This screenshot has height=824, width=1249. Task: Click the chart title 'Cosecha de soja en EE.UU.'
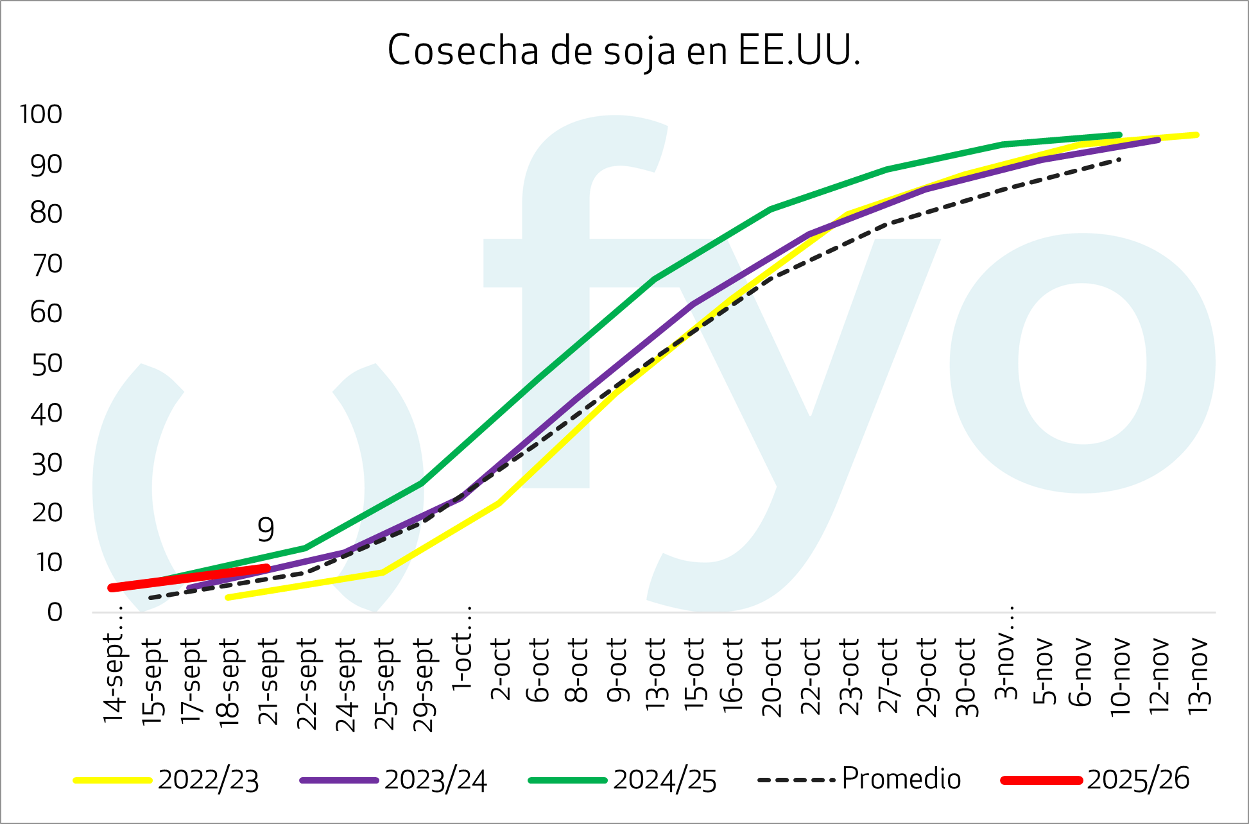pyautogui.click(x=623, y=51)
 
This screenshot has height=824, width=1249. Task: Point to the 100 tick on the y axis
pyautogui.click(x=41, y=114)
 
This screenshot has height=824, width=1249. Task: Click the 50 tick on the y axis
pyautogui.click(x=46, y=364)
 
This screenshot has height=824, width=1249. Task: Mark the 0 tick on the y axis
pyautogui.click(x=55, y=612)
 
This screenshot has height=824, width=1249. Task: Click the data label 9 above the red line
pyautogui.click(x=266, y=529)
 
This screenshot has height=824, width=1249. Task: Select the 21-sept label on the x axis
pyautogui.click(x=268, y=682)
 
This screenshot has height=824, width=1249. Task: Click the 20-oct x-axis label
pyautogui.click(x=771, y=678)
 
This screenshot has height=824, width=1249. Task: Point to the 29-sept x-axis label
pyautogui.click(x=424, y=685)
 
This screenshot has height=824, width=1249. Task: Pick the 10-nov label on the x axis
pyautogui.click(x=1121, y=676)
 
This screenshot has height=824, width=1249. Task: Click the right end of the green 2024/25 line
pyautogui.click(x=1119, y=135)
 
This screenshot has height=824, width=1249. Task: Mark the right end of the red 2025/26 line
pyautogui.click(x=267, y=567)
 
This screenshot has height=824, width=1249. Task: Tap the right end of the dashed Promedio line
pyautogui.click(x=1119, y=159)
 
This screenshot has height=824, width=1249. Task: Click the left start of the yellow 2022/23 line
pyautogui.click(x=228, y=597)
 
